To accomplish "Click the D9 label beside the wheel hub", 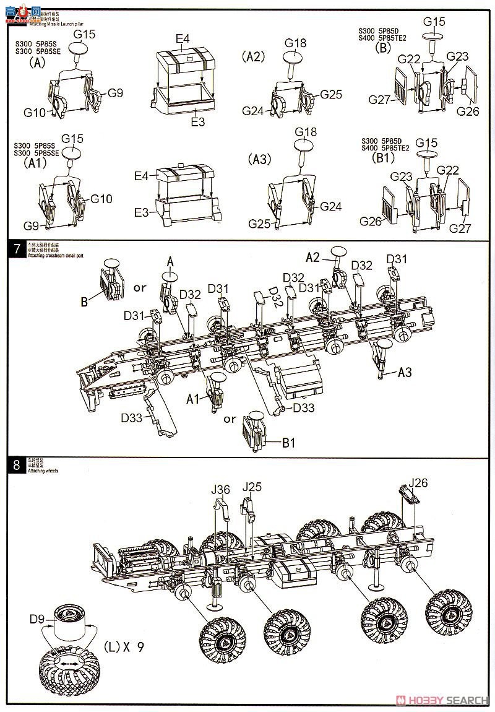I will (x=38, y=617).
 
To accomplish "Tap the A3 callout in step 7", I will (x=405, y=372).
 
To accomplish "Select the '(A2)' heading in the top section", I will (x=253, y=56).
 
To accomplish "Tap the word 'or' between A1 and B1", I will (x=230, y=419).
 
